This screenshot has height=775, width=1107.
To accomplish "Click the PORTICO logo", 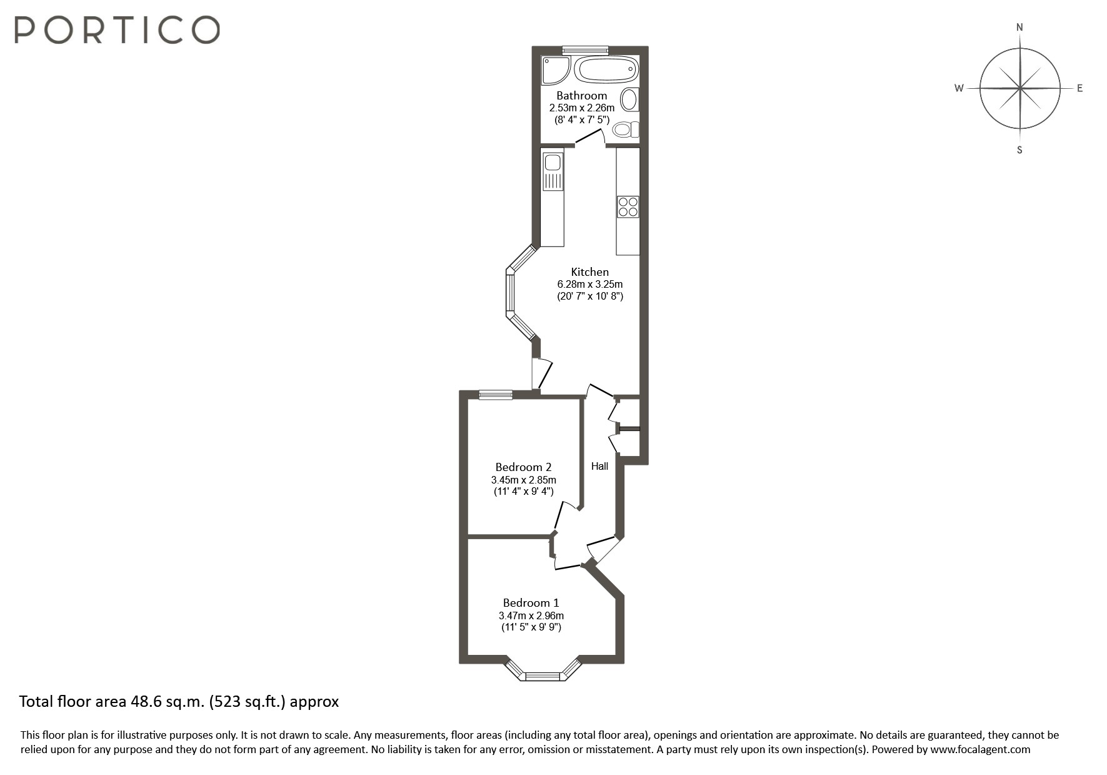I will pyautogui.click(x=117, y=29).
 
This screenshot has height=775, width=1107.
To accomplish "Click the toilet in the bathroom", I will pyautogui.click(x=624, y=129).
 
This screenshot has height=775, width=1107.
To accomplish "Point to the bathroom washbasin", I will pyautogui.click(x=629, y=99).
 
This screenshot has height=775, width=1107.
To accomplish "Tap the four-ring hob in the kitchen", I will pyautogui.click(x=628, y=206).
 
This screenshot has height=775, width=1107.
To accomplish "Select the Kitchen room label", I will pyautogui.click(x=589, y=272).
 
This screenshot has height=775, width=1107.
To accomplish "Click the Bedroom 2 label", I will pyautogui.click(x=523, y=467).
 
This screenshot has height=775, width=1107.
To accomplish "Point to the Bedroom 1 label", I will pyautogui.click(x=531, y=603).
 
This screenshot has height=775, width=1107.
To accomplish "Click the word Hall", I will pyautogui.click(x=599, y=466).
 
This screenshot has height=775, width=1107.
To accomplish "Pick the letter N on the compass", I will pyautogui.click(x=1019, y=28).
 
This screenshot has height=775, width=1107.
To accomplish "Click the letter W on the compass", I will pyautogui.click(x=958, y=88).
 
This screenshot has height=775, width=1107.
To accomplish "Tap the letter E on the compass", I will pyautogui.click(x=1079, y=88).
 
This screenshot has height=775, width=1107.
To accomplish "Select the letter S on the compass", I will pyautogui.click(x=1019, y=150).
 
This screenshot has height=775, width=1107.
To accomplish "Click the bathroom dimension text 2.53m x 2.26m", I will pyautogui.click(x=582, y=108).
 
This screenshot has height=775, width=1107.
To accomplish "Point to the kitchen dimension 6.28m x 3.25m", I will pyautogui.click(x=589, y=285).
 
